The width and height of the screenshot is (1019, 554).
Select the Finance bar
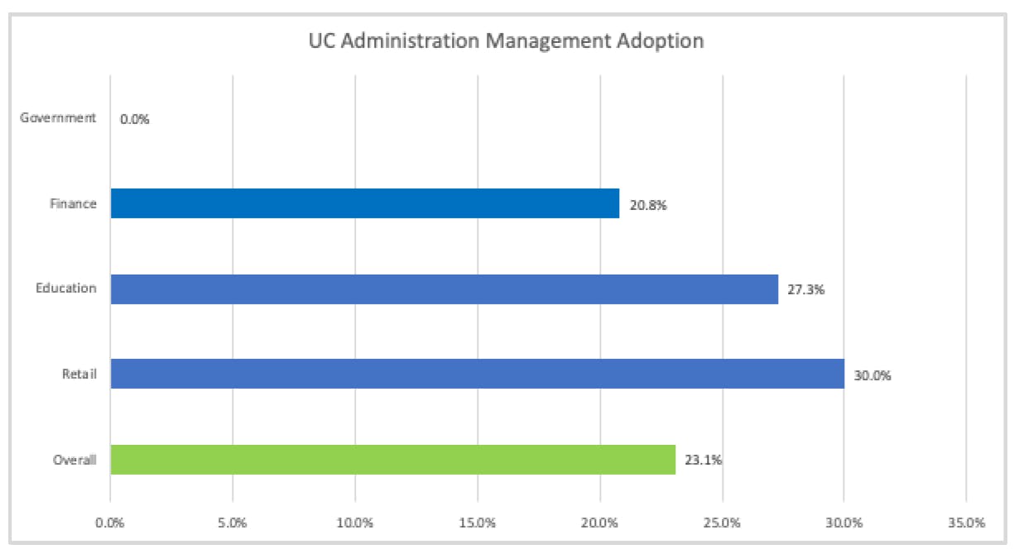click(364, 203)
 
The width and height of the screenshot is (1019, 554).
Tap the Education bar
click(444, 289)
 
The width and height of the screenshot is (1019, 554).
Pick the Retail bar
click(477, 374)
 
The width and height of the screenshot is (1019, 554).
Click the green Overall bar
click(392, 460)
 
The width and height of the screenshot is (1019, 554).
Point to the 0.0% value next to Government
click(134, 119)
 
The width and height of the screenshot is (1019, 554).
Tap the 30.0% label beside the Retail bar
click(872, 375)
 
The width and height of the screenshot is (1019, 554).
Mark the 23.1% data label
click(704, 461)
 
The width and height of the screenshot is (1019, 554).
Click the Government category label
click(58, 118)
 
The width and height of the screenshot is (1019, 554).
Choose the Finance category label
click(74, 203)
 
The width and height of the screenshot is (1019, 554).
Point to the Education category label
click(66, 289)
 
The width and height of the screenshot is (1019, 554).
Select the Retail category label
click(79, 375)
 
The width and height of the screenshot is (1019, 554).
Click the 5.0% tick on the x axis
click(233, 523)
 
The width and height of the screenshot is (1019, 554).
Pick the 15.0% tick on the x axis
click(478, 523)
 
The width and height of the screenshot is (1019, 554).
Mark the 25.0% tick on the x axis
click(723, 523)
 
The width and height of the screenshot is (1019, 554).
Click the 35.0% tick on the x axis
click(967, 523)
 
